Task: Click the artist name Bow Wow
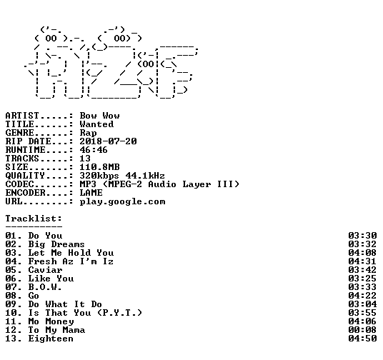click(x=99, y=116)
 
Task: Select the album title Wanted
click(x=96, y=124)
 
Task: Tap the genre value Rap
click(x=88, y=133)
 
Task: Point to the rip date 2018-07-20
click(x=108, y=141)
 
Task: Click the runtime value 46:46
click(x=94, y=150)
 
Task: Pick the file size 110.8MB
click(x=99, y=167)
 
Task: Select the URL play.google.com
click(x=123, y=201)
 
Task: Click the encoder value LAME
click(x=91, y=193)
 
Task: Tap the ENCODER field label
click(x=26, y=193)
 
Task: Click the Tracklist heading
click(x=34, y=219)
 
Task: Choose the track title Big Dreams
click(x=56, y=244)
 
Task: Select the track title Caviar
click(x=46, y=270)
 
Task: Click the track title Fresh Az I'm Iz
click(x=71, y=261)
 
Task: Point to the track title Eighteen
click(x=51, y=339)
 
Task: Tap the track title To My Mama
click(x=56, y=330)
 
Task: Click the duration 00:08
click(x=362, y=330)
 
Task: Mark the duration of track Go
click(x=362, y=296)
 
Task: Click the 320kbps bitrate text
click(x=99, y=176)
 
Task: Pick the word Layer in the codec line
click(x=197, y=184)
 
